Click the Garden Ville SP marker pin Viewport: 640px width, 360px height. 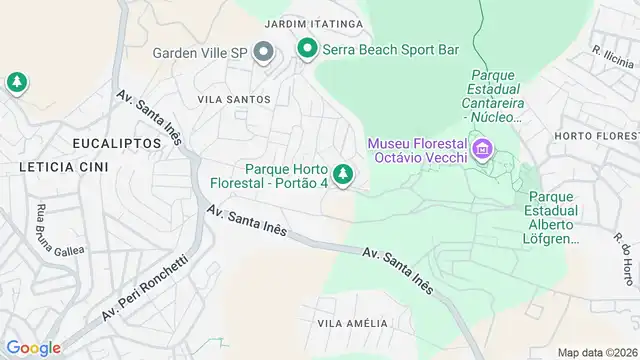coord(264,51)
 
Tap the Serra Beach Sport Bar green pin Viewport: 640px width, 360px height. coord(306,47)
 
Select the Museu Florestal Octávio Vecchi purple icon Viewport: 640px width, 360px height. coord(483,150)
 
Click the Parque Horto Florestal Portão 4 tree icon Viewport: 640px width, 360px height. coord(343,175)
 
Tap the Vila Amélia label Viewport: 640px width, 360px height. coord(351,322)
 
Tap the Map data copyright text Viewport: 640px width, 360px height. coord(598,352)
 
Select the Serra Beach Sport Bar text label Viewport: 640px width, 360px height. coord(384,48)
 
